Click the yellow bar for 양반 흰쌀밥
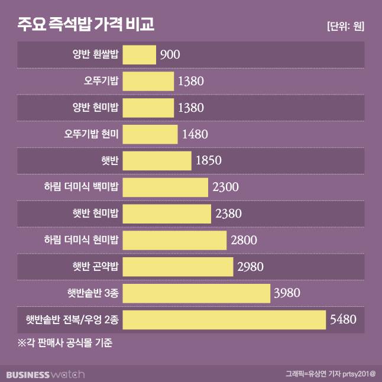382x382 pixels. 140,54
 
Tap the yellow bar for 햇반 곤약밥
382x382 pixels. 179,267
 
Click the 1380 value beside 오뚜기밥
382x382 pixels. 190,81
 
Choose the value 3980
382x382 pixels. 288,293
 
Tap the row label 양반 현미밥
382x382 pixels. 95,108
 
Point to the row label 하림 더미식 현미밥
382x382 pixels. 81,241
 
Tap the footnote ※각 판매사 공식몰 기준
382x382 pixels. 65,343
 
